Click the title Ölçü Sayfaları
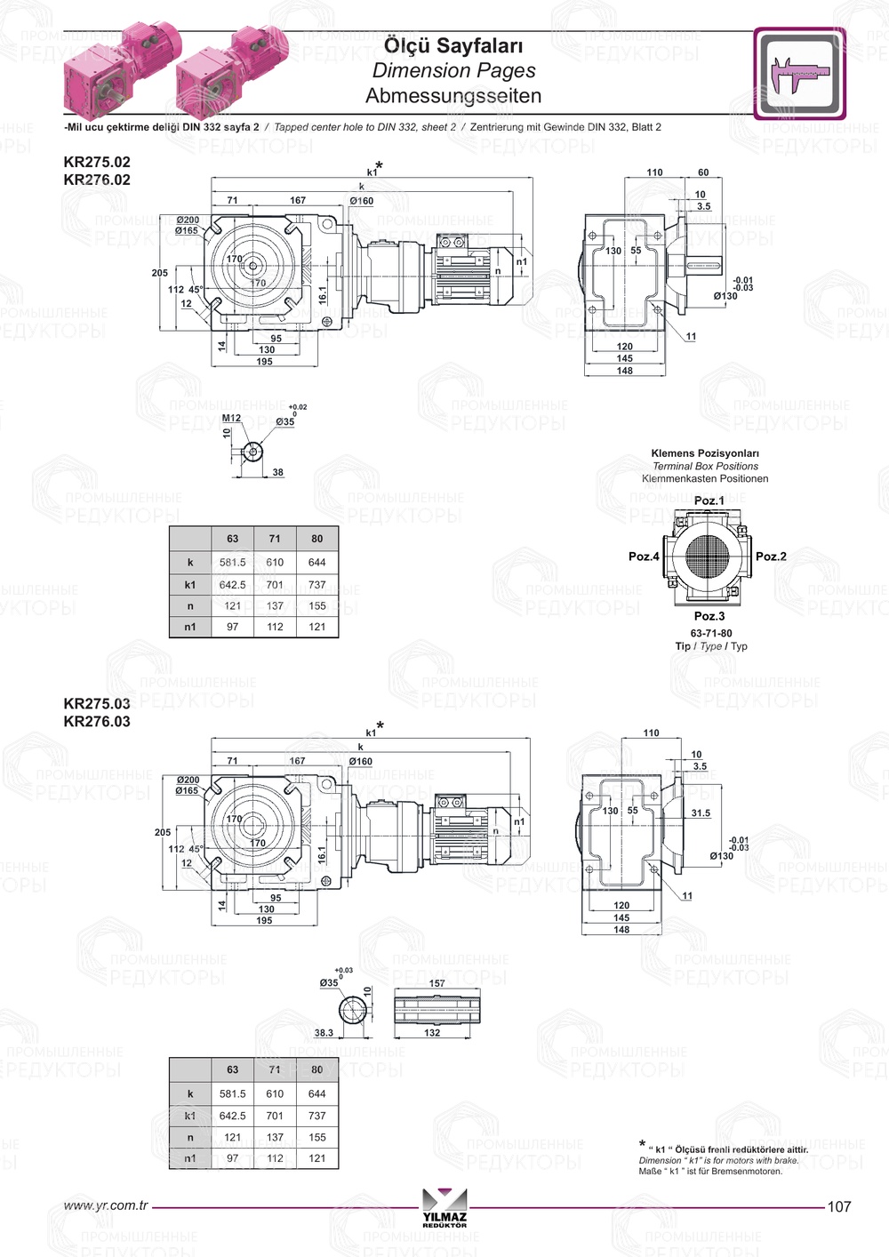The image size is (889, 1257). pos(453,45)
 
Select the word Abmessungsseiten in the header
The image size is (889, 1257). pos(453,96)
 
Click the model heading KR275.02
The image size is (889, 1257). pos(97,162)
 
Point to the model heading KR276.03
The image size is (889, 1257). pos(97,722)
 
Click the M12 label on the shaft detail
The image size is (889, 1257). pos(231,418)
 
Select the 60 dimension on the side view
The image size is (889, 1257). pos(703,172)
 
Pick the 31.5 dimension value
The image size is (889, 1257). pos(701,813)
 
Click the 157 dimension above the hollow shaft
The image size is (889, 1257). pos(436,983)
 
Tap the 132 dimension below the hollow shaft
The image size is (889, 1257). pos(432,1033)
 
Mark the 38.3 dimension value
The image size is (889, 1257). pos(324,1033)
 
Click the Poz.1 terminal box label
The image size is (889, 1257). pos(709,500)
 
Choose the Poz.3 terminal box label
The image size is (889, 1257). pos(709,616)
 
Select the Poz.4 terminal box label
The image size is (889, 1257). pos(644,556)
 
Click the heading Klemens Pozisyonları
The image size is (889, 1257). pos(705,453)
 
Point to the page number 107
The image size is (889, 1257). pos(838,1206)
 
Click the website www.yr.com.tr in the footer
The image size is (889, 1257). pos(106,1205)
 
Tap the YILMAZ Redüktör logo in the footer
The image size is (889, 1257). pos(444,1207)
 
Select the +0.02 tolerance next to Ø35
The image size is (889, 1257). pos(297,407)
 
